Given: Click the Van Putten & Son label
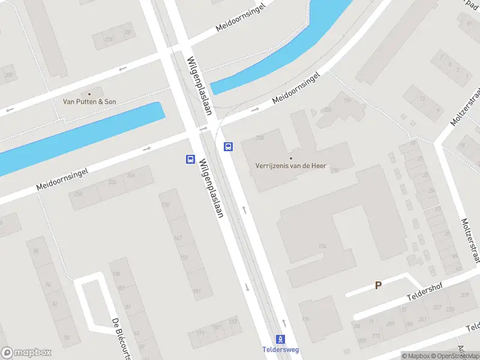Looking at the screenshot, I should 89,102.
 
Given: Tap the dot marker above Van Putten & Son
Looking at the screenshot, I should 90,94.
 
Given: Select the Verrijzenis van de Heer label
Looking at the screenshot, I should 291,166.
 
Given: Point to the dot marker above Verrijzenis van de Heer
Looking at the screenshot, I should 291,158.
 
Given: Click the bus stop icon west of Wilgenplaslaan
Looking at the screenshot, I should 190,159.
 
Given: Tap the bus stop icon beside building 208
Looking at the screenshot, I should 229,146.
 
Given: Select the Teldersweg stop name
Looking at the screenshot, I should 281,350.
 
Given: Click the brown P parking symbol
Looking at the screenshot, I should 378,286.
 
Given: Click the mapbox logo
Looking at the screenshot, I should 26,353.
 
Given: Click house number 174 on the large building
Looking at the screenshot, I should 322,246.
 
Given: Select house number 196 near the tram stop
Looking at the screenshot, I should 306,319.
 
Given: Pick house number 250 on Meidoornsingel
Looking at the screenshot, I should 78,194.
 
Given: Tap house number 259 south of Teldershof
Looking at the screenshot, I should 391,323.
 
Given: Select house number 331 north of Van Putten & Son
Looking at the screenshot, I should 127,32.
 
